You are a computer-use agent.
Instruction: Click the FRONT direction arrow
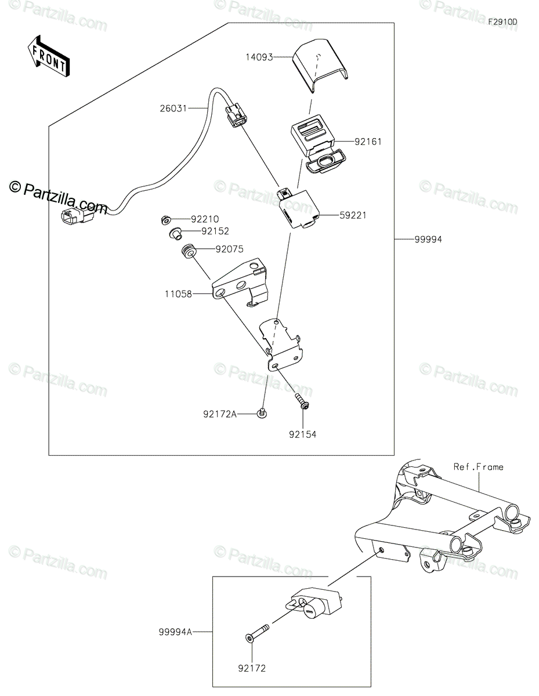coord(49,56)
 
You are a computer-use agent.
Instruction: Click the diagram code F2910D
coord(502,22)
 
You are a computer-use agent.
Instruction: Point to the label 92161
coord(370,141)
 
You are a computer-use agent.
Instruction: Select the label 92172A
coord(220,414)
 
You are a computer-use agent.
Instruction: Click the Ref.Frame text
coord(479,466)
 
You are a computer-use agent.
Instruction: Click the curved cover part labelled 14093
coord(319,65)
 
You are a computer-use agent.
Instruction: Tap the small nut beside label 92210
coord(164,219)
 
